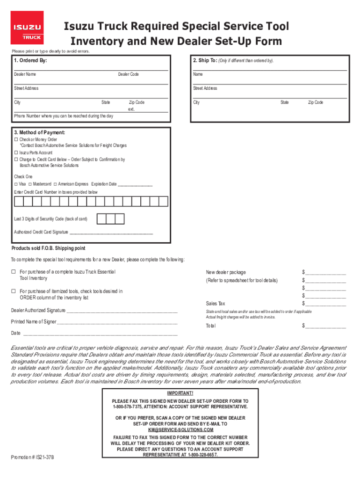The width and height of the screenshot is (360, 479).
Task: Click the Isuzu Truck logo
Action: tap(27, 28)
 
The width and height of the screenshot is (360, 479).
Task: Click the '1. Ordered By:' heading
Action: tap(31, 61)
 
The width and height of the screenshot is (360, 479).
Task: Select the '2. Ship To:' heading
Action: tap(204, 61)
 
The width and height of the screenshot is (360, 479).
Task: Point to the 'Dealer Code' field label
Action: tap(128, 74)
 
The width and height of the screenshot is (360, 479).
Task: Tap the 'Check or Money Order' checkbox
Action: tap(16, 139)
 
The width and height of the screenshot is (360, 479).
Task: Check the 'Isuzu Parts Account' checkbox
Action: tap(16, 152)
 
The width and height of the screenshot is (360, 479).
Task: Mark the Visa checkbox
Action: tap(16, 184)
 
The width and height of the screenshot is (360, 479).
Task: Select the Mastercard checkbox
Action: tap(30, 184)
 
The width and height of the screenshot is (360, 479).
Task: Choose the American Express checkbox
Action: tap(55, 184)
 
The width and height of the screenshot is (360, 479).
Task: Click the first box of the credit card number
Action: tap(19, 202)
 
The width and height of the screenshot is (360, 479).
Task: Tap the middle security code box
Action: tap(110, 219)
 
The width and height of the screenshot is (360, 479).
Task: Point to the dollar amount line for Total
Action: tap(326, 327)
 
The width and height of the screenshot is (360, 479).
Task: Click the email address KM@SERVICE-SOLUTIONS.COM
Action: tap(180, 429)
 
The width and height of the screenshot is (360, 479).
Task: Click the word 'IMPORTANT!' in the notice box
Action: tap(180, 393)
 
